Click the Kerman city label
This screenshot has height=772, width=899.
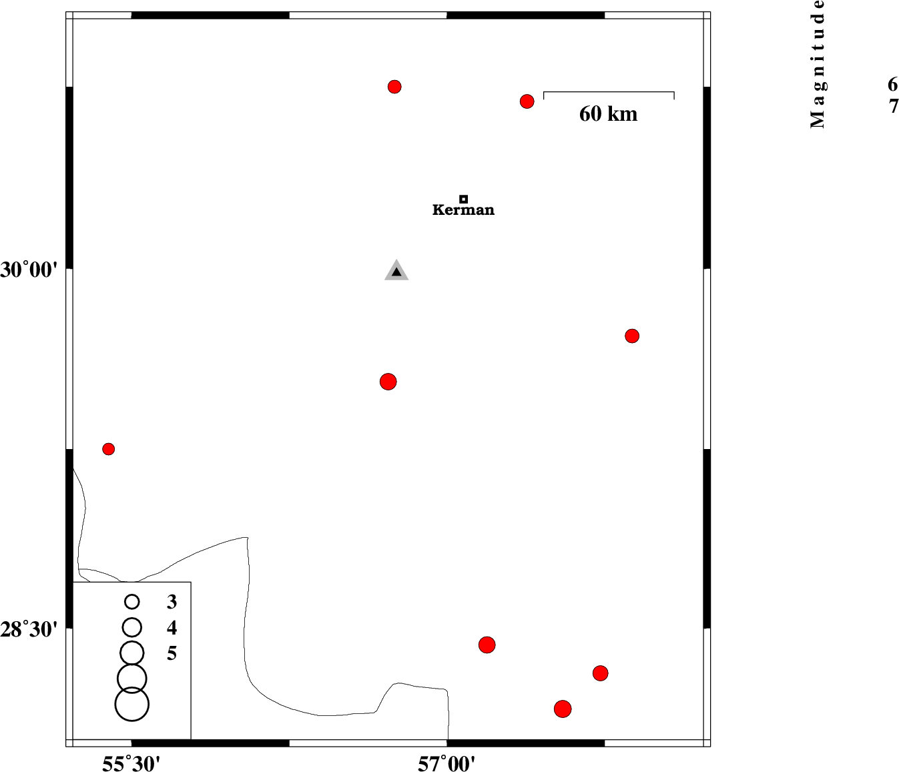463,210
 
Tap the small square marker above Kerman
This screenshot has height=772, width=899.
464,200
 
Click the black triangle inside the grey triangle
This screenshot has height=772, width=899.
396,272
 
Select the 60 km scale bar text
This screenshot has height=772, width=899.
609,114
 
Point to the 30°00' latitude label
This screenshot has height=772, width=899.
29,270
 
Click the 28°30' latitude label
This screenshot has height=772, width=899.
29,629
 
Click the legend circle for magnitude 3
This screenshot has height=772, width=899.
131,602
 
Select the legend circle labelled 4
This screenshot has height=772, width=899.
131,628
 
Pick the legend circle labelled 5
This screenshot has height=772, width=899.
131,653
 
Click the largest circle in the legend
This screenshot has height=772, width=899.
131,704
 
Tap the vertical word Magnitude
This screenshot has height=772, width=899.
817,64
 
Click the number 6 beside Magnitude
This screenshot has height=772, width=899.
892,84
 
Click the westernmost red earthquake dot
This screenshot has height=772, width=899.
109,449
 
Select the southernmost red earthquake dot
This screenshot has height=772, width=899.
563,709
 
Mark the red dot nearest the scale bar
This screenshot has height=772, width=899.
527,101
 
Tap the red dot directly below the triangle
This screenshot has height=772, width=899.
388,382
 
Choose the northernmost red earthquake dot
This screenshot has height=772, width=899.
394,87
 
